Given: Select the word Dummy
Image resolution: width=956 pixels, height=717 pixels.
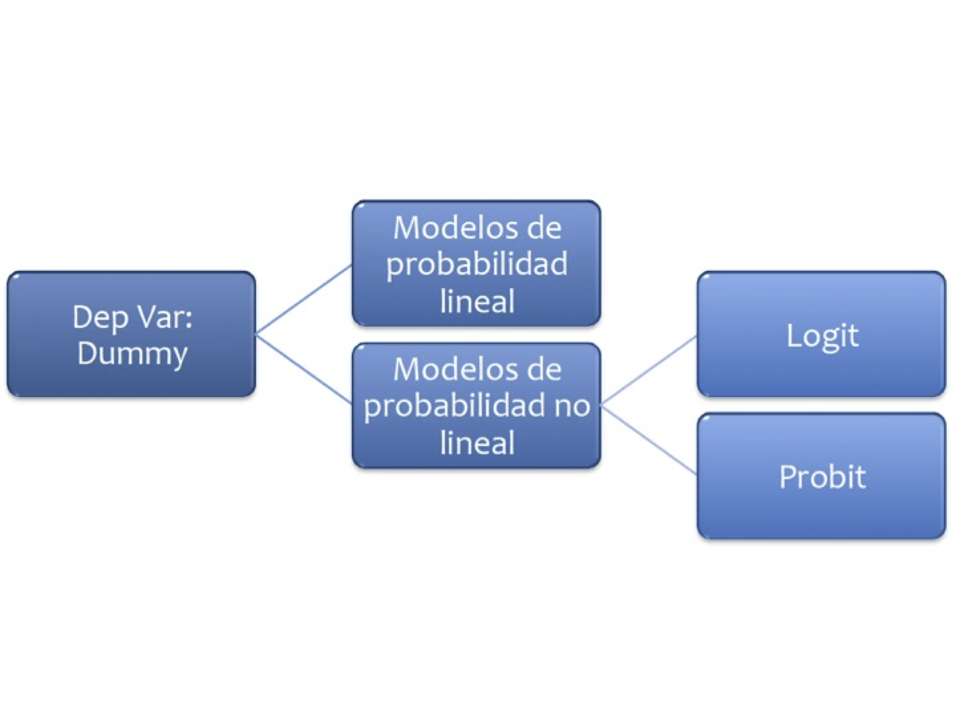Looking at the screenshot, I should (x=133, y=354).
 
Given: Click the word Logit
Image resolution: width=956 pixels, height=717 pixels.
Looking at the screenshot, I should (x=822, y=336).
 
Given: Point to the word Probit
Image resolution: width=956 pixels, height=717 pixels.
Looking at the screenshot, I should (x=822, y=477).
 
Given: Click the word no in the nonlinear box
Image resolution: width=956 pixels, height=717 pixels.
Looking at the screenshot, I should (x=572, y=405).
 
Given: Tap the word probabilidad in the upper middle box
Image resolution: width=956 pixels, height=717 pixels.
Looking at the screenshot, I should (x=477, y=264).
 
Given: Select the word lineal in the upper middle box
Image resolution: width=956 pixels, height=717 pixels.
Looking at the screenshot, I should (x=477, y=301).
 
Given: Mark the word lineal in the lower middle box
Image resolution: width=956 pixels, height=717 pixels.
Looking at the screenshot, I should (x=477, y=443).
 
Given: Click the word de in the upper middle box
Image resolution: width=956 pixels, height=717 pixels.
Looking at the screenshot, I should (x=545, y=228).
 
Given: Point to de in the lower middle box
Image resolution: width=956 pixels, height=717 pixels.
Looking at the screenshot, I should (x=545, y=370).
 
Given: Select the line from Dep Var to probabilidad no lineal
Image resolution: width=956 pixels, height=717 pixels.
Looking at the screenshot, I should (x=303, y=369).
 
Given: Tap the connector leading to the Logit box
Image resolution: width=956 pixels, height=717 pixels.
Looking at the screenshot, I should (x=649, y=370).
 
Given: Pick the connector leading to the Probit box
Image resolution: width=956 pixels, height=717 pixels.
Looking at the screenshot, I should (x=649, y=440).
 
